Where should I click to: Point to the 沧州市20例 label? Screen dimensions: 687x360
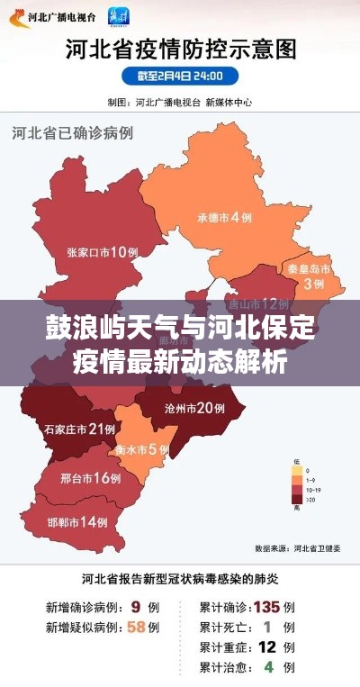[x=195, y=408]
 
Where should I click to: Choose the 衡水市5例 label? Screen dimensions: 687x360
[x=141, y=448]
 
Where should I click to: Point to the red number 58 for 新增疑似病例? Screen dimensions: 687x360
[x=138, y=626]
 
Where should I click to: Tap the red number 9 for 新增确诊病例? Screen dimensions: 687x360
[x=135, y=606]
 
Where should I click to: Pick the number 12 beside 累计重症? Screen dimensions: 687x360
[x=266, y=646]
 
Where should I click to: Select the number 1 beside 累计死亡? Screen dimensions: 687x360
[x=267, y=626]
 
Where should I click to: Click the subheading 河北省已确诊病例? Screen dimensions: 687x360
[x=72, y=132]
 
